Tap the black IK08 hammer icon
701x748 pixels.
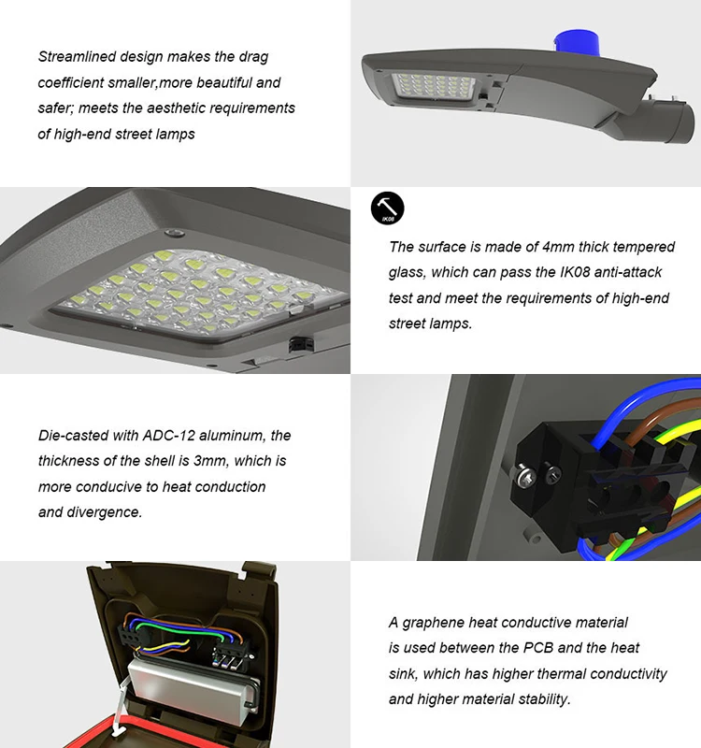click(x=387, y=208)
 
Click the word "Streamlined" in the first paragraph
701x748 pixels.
click(x=77, y=57)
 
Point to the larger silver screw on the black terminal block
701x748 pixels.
click(x=526, y=477)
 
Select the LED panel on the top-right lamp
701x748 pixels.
click(x=433, y=87)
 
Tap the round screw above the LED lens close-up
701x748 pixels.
click(x=175, y=233)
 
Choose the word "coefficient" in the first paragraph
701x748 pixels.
click(x=71, y=82)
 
